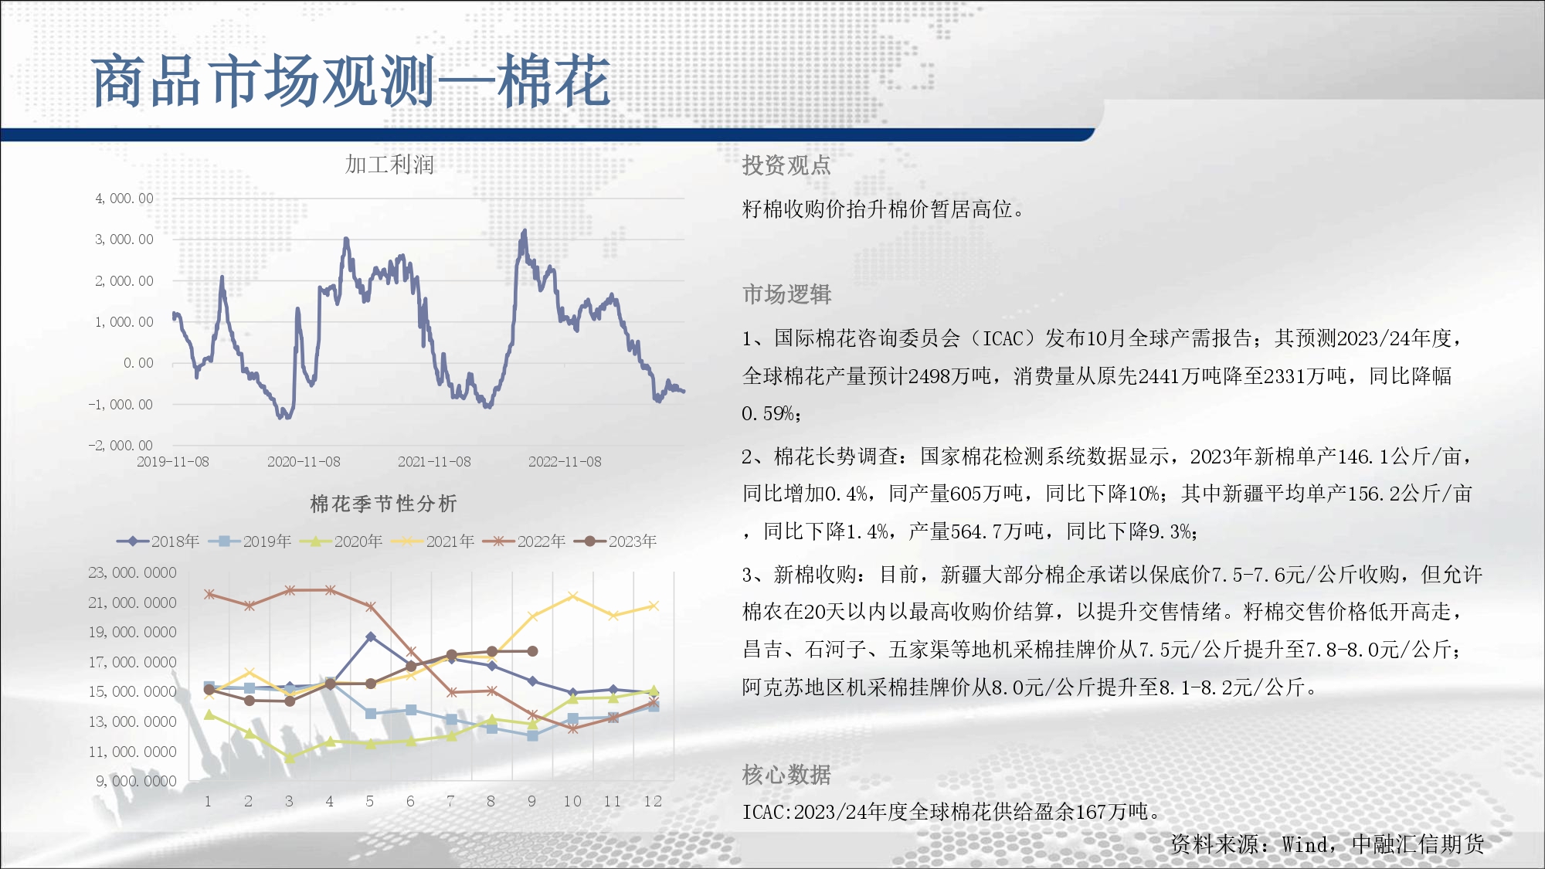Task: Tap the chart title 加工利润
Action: (389, 165)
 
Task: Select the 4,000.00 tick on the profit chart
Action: (124, 199)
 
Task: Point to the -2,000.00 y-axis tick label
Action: (121, 446)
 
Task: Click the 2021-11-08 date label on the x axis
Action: (434, 462)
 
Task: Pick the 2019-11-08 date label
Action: (173, 462)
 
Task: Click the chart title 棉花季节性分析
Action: (384, 504)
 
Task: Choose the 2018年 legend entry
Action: (158, 541)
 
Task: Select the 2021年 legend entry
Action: (433, 541)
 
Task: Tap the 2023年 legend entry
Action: (616, 541)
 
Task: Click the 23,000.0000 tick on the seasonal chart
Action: (132, 572)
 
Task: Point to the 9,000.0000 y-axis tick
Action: (136, 781)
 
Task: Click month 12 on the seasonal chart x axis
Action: (653, 801)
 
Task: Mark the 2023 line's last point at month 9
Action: (532, 651)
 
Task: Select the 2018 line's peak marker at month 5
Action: (371, 636)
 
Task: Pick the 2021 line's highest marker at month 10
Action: (572, 596)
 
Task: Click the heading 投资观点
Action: (786, 165)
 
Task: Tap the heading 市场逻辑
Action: (787, 294)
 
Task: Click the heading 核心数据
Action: (786, 774)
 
